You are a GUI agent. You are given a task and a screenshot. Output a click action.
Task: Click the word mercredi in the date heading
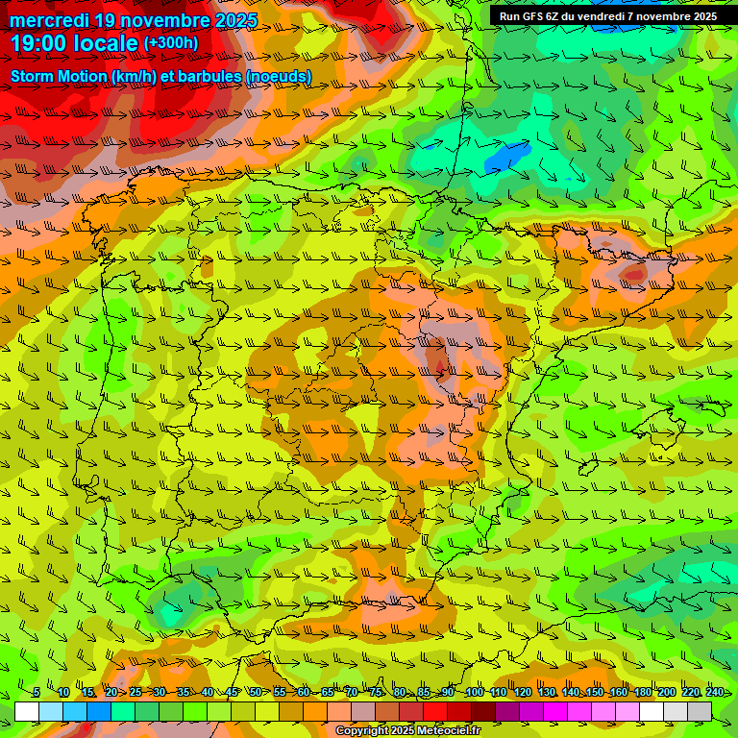[x=50, y=20]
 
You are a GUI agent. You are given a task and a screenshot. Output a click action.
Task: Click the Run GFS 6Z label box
[x=607, y=16]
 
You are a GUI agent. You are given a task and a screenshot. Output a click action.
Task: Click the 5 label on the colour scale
[x=36, y=693]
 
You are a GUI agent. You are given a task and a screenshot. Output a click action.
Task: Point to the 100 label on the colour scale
[x=474, y=693]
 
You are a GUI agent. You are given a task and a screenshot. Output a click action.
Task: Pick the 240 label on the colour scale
[x=714, y=693]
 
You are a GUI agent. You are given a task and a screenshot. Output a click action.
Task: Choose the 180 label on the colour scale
[x=642, y=693]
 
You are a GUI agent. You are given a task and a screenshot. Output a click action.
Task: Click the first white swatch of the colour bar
[x=27, y=711]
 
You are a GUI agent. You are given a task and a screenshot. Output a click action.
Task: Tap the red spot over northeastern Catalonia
[x=634, y=274]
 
